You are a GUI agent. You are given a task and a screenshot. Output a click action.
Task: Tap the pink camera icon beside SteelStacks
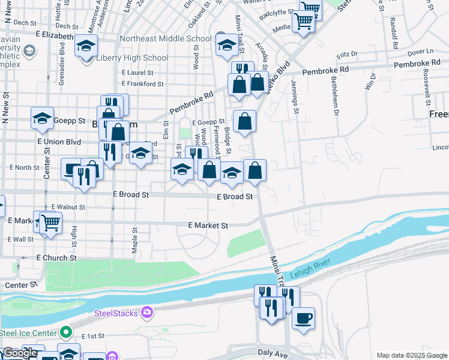pyautogui.click(x=146, y=313)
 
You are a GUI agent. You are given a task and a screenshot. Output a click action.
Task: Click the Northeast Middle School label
pyautogui.click(x=166, y=39)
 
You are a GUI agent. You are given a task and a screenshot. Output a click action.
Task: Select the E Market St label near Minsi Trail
pyautogui.click(x=208, y=226)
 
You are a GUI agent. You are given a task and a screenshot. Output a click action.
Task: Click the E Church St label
pyautogui.click(x=56, y=257)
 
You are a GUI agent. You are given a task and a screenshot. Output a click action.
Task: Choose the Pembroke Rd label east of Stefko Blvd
pyautogui.click(x=325, y=71)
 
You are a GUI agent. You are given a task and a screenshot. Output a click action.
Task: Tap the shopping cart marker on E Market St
pyautogui.click(x=50, y=223)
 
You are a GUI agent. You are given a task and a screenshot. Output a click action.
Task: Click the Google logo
pyautogui.click(x=20, y=353)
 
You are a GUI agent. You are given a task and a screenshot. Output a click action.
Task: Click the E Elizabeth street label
pyautogui.click(x=54, y=36)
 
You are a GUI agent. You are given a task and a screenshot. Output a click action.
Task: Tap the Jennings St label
pyautogui.click(x=295, y=96)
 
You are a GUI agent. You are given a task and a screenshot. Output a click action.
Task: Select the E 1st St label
pyautogui.click(x=93, y=336)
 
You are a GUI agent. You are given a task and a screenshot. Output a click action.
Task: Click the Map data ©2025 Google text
pyautogui.click(x=411, y=355)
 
